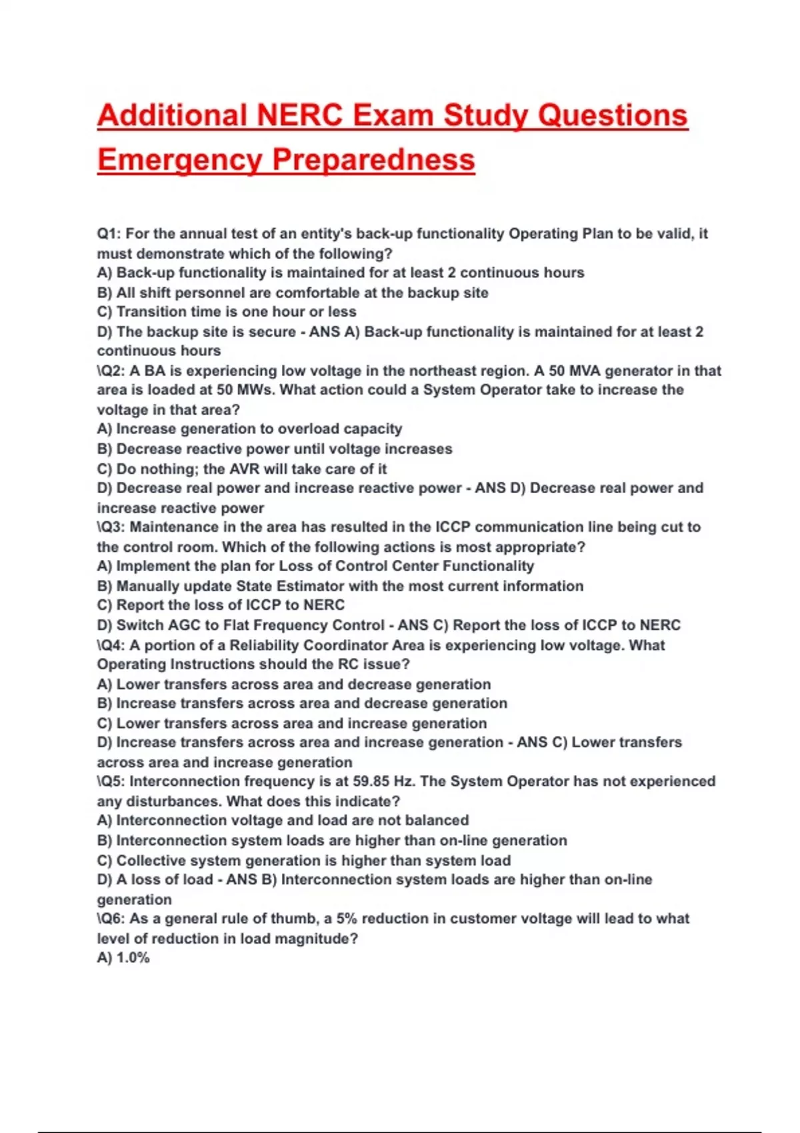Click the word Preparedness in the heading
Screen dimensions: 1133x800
pos(373,159)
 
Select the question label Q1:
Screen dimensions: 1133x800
pos(109,234)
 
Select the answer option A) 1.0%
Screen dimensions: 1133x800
pos(123,958)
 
